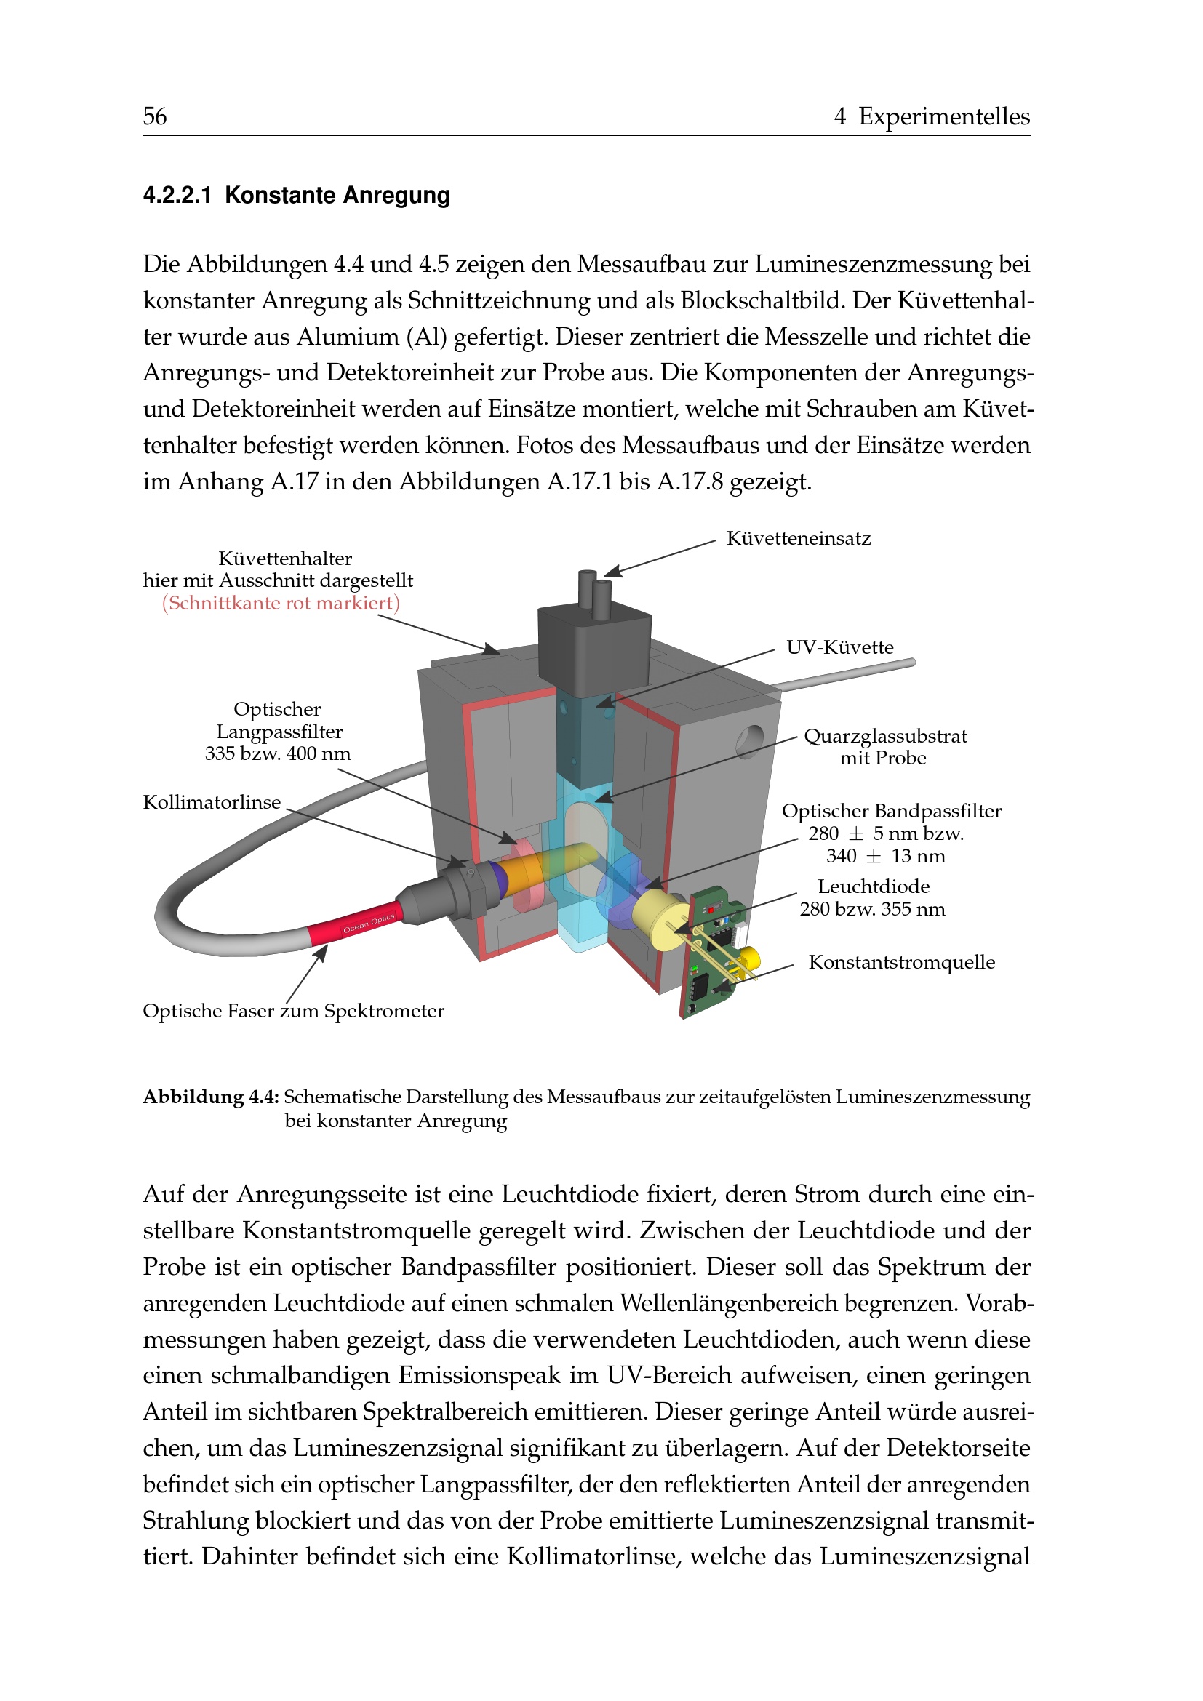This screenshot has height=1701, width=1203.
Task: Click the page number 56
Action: tap(155, 116)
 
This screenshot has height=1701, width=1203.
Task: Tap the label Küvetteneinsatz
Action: tap(799, 539)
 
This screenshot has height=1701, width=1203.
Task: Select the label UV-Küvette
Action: tap(840, 647)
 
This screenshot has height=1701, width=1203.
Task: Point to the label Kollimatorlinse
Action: tap(212, 802)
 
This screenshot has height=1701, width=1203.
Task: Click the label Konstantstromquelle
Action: tap(901, 962)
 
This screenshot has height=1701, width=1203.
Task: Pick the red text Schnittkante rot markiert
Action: tap(281, 603)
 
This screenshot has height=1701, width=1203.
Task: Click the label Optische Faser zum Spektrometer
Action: tap(293, 1012)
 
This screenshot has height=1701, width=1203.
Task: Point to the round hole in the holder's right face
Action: tap(750, 741)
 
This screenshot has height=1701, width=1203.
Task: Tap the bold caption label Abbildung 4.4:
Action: tap(210, 1097)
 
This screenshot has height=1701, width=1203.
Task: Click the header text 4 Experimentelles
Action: tap(931, 116)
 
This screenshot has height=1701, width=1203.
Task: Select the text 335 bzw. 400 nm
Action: tap(278, 753)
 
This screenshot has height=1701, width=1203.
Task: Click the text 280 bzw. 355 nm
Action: tap(872, 909)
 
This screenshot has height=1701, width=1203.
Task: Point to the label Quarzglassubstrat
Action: tap(885, 737)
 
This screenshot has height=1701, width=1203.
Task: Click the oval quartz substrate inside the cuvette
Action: tap(586, 844)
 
